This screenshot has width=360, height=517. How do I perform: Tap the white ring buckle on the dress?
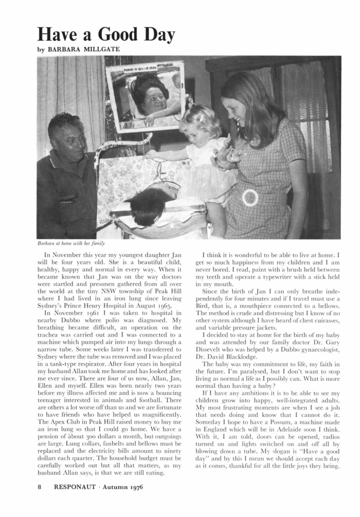[250, 197]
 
